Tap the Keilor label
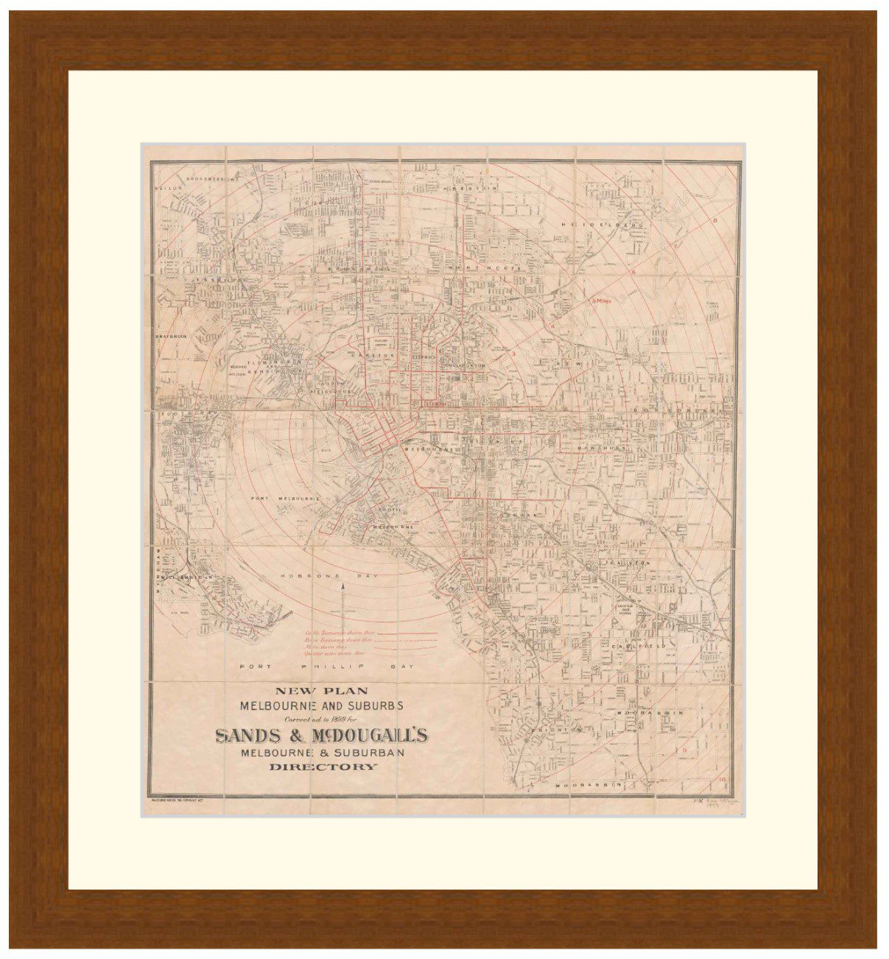166,189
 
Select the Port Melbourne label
286,499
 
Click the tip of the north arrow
342,584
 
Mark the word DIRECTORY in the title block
323,767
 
